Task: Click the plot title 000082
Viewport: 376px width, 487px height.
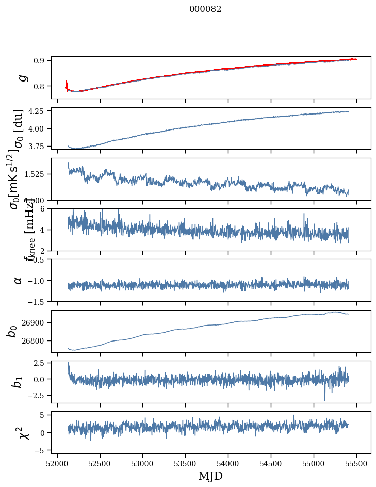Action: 205,9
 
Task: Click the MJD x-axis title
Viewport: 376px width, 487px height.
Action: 210,476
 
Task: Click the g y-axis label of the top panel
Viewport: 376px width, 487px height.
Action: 22,77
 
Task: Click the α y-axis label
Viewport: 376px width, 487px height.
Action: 19,280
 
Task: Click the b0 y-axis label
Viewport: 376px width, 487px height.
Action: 12,331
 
